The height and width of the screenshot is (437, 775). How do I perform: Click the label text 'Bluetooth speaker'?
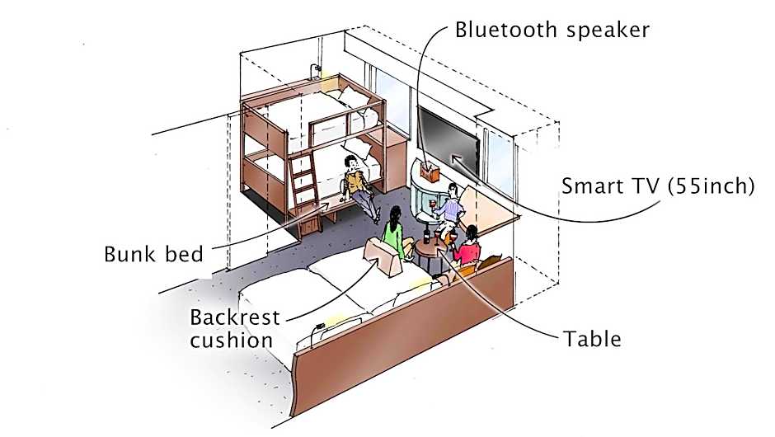coord(552,31)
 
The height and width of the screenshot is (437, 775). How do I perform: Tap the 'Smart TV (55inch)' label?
coord(657,186)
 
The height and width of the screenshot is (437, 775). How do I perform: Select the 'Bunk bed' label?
coord(153,253)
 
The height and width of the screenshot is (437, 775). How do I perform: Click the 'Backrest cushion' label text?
coord(235,327)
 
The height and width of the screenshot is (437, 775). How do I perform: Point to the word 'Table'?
coord(592,338)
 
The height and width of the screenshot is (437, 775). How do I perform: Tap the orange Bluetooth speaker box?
coord(429,172)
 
